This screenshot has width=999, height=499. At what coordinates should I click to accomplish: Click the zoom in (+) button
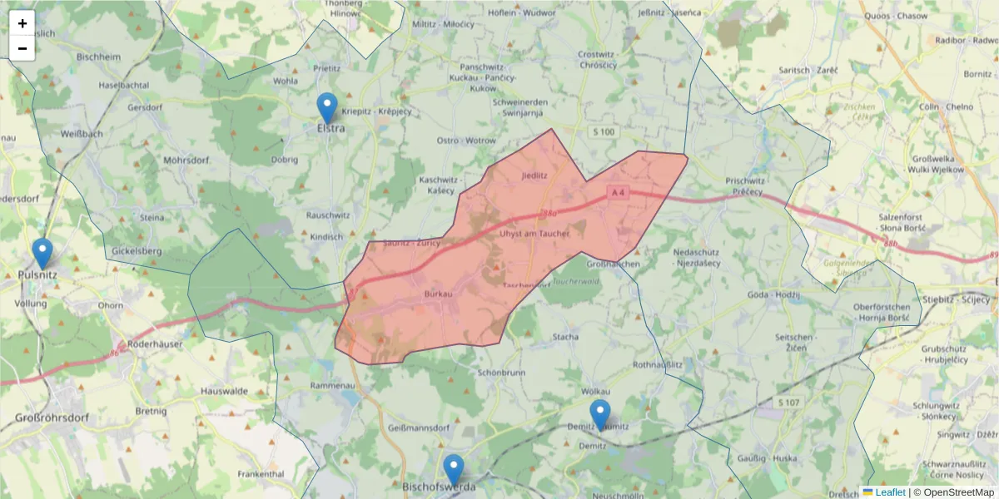pyautogui.click(x=22, y=23)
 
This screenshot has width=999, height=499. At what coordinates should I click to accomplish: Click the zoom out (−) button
pyautogui.click(x=22, y=48)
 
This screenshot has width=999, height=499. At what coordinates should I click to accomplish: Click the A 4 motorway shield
pyautogui.click(x=617, y=193)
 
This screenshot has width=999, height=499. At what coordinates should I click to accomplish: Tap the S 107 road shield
pyautogui.click(x=788, y=403)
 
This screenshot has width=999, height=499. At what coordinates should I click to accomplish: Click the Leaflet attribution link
pyautogui.click(x=889, y=492)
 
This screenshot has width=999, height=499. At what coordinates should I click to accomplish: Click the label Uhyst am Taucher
pyautogui.click(x=534, y=234)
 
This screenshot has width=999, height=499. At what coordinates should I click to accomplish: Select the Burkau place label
pyautogui.click(x=438, y=294)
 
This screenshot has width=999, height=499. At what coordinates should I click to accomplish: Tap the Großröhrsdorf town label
pyautogui.click(x=52, y=418)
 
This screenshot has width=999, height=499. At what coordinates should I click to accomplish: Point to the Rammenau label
pyautogui.click(x=332, y=385)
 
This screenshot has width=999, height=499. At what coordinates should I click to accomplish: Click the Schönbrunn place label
pyautogui.click(x=501, y=373)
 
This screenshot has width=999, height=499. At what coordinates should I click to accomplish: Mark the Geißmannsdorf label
pyautogui.click(x=419, y=427)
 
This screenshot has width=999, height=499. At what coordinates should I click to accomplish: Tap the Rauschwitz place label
pyautogui.click(x=329, y=215)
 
